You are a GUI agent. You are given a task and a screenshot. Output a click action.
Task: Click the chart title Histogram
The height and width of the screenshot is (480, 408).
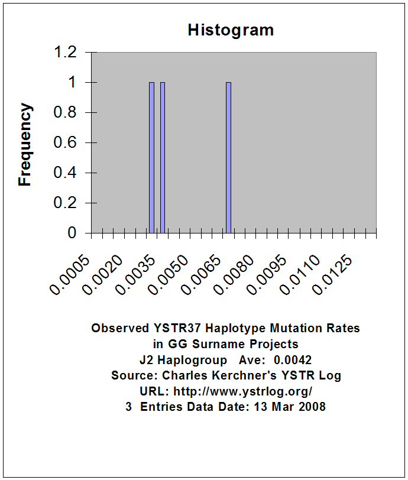(x=231, y=30)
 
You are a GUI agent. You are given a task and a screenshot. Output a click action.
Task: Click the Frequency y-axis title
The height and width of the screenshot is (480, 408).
(x=25, y=144)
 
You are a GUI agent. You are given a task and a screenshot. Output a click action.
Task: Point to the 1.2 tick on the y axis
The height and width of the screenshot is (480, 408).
(x=66, y=53)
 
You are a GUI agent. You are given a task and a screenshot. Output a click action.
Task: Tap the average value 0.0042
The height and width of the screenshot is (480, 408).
(x=293, y=359)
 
